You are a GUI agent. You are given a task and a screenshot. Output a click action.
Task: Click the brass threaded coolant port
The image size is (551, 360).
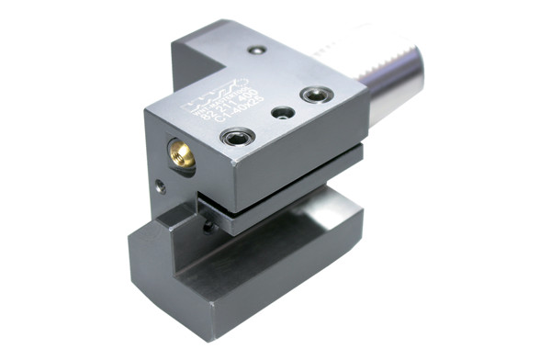point(182,152)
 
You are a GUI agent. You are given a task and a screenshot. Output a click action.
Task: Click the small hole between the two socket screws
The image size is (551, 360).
point(283,112)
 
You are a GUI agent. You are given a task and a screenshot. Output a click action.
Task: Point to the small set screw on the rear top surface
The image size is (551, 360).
point(259,50)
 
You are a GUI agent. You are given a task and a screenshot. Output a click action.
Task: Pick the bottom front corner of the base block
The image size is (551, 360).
point(206,316)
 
